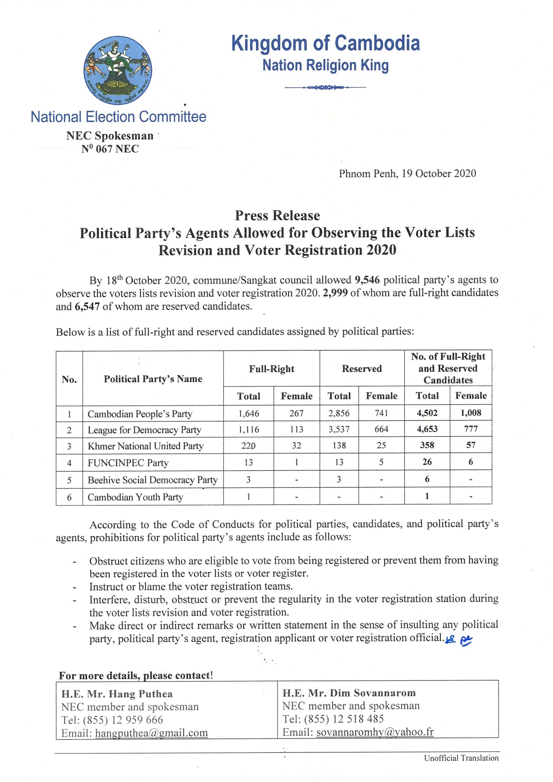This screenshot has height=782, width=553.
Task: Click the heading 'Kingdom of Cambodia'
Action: click(x=325, y=43)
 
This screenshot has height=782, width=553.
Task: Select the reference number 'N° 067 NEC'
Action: click(x=110, y=149)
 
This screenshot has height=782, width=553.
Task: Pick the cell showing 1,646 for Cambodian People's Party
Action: click(x=248, y=414)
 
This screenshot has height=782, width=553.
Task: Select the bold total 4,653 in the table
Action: click(x=427, y=429)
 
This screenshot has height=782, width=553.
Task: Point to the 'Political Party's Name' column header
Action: click(x=153, y=379)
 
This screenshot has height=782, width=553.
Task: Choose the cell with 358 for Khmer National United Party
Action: click(x=427, y=445)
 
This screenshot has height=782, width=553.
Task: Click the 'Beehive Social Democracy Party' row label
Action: click(x=152, y=480)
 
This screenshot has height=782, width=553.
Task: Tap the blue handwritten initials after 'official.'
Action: click(x=459, y=641)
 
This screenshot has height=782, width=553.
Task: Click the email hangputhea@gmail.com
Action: click(x=151, y=733)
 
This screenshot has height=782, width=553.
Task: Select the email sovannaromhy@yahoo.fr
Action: click(x=374, y=732)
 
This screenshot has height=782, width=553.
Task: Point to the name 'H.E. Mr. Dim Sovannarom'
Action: click(x=349, y=693)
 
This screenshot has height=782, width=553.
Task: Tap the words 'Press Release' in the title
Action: click(x=277, y=216)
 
